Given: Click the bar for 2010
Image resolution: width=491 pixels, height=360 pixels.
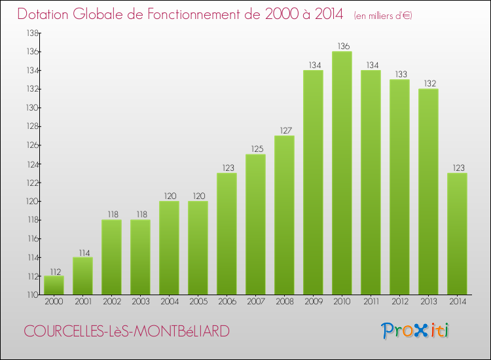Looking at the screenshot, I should point(342,173).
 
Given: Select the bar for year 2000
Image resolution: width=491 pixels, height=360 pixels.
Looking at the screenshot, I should point(54,285).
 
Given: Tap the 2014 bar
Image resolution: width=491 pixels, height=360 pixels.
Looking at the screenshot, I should point(457,234).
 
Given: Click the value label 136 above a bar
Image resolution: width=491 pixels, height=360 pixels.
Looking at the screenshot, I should point(342,46).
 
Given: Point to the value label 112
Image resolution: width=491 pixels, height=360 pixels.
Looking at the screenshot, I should point(54,271).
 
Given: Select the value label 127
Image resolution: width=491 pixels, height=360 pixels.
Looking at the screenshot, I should point(284,130).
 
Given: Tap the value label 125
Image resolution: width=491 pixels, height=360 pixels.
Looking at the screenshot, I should point(255,149).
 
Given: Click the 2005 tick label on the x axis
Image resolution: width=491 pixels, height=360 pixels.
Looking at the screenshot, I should point(198,302).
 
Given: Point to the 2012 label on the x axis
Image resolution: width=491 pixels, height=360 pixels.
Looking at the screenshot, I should point(399,302).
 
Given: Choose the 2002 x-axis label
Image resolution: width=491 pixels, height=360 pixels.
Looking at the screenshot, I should point(111,302).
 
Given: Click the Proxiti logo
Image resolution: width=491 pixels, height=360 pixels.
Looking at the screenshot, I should point(416,331).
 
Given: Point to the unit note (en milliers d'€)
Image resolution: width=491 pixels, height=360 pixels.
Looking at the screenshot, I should point(383,15).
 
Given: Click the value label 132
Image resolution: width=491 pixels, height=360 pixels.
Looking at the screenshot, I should point(428,84).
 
